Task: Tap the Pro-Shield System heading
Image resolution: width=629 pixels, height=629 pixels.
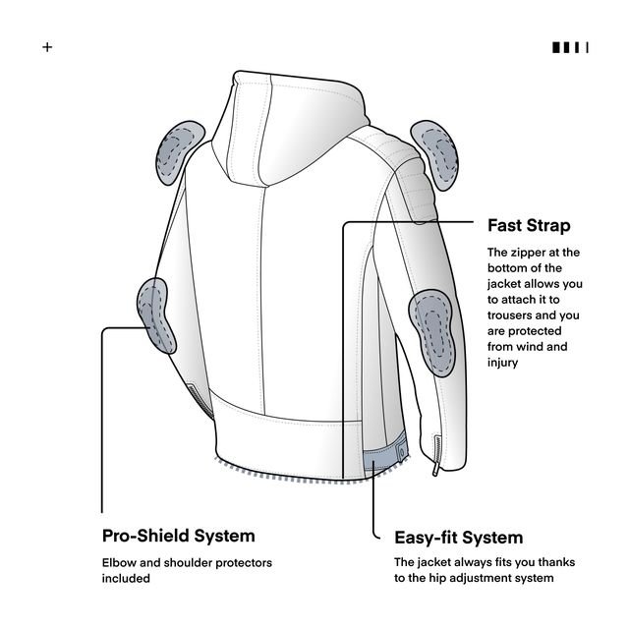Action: pos(178,536)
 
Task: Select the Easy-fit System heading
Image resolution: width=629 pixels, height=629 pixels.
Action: pos(458,538)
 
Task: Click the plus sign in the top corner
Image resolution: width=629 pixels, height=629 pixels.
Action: pos(47,47)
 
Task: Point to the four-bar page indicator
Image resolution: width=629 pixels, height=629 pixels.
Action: pos(570,47)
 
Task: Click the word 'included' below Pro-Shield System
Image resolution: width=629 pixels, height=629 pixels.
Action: pos(126,579)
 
